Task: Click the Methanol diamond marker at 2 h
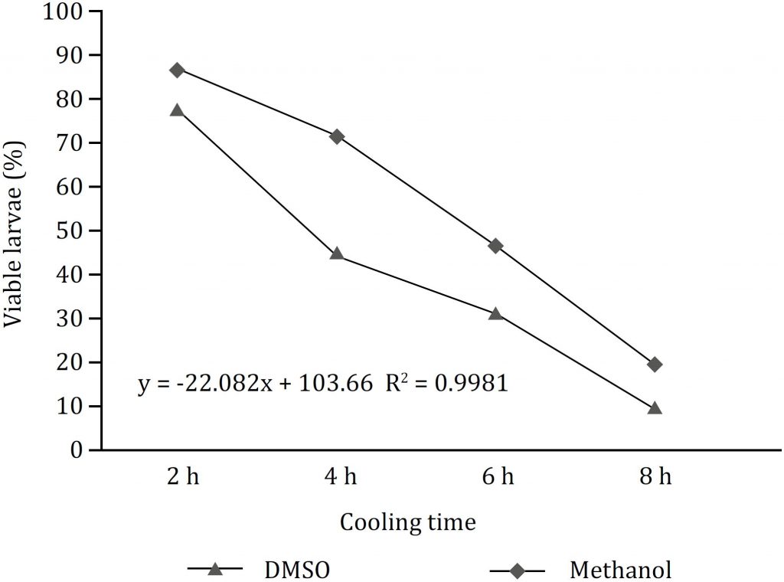[x=178, y=70]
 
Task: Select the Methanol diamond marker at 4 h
[x=336, y=136]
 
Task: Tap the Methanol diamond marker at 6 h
[x=495, y=246]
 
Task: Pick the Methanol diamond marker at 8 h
[x=655, y=365]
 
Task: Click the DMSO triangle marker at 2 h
[x=178, y=110]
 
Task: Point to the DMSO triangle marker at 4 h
[x=336, y=253]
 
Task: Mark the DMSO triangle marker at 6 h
[x=495, y=313]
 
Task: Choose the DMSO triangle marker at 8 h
[x=655, y=408]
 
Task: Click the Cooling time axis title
[x=407, y=523]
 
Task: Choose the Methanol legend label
[x=621, y=570]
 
